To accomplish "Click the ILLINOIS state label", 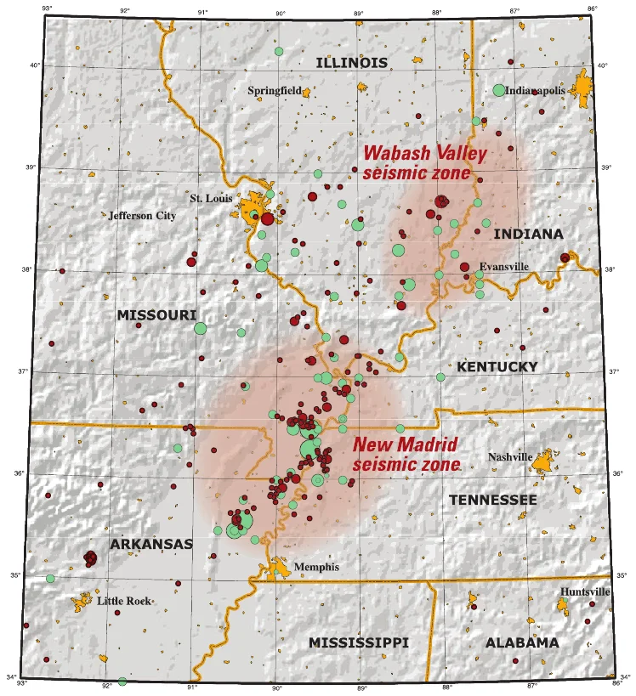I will click(x=351, y=62).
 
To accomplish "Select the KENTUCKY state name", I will click(x=497, y=366).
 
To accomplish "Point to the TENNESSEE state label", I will click(x=492, y=500).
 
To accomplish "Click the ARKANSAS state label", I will click(x=150, y=544).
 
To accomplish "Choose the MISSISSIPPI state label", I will click(x=358, y=642).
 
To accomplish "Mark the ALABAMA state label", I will click(x=522, y=643).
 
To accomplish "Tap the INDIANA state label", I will click(x=528, y=234).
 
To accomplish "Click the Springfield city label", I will click(x=273, y=90).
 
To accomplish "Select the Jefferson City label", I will click(x=142, y=216).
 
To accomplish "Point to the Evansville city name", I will click(x=503, y=266).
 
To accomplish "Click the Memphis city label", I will click(x=315, y=567).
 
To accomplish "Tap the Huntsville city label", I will click(x=585, y=591).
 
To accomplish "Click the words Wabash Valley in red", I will click(x=425, y=154).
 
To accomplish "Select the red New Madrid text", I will click(x=405, y=444).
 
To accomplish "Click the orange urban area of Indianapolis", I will click(x=585, y=85).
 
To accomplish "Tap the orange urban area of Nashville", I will click(x=544, y=460).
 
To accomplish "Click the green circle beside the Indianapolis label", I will click(x=499, y=90).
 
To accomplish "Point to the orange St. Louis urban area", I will click(x=253, y=208).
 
